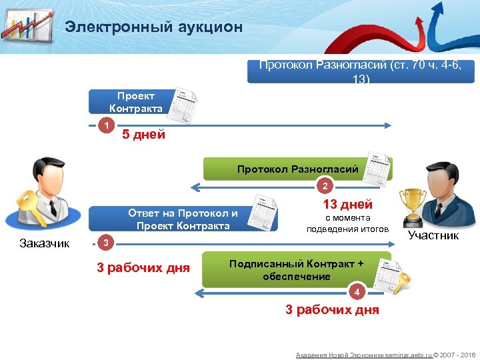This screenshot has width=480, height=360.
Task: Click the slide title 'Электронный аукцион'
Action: pos(153,27)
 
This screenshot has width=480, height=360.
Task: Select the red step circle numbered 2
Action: pos(325,185)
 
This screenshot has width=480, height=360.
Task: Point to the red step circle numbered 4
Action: pos(358,293)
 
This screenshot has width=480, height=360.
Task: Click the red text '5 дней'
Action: pos(143,135)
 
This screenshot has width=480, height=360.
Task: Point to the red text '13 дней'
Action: pos(347,205)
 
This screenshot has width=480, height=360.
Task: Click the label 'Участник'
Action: pos(433,235)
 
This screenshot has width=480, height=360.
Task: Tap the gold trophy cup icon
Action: pos(411,204)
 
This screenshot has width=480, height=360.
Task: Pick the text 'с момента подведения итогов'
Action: pos(347,223)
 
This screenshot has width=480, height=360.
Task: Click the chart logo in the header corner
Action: pos(28,27)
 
